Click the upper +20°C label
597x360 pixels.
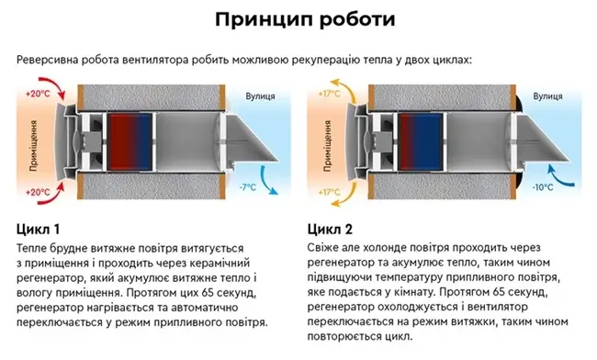coord(39,94)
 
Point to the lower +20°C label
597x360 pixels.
coord(39,192)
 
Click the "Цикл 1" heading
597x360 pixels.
coord(39,229)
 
